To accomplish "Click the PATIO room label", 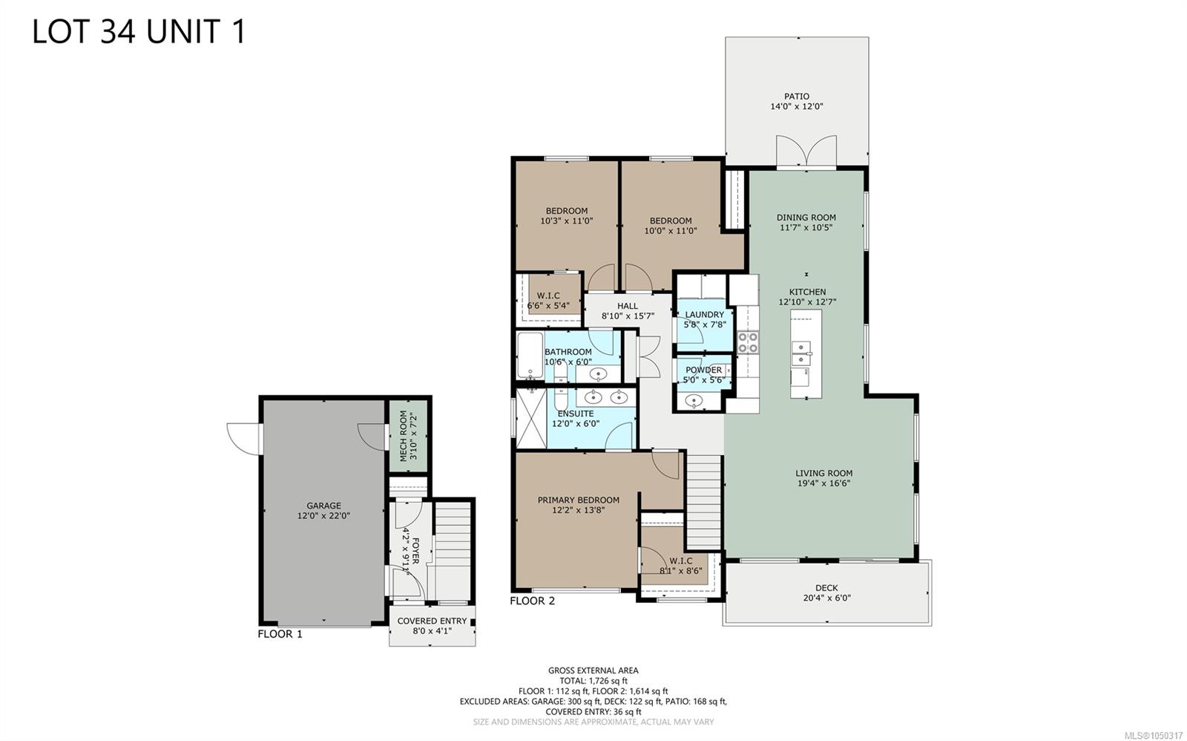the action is (x=797, y=97).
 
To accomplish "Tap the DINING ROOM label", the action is (x=806, y=218).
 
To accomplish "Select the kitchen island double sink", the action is (x=801, y=353).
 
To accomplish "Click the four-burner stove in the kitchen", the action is (x=748, y=342).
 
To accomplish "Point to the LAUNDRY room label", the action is (x=704, y=315).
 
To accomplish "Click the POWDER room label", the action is (x=704, y=370).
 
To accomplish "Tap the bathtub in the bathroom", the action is (x=530, y=356).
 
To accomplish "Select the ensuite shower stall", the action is (x=531, y=419).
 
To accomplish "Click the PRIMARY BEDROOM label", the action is (x=578, y=500).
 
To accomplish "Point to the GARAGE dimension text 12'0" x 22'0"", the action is (x=323, y=515).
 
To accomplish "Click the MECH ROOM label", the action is (x=404, y=436).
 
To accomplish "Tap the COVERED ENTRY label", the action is (x=432, y=621).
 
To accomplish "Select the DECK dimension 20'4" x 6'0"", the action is (x=826, y=598).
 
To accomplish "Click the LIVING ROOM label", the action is (x=824, y=473).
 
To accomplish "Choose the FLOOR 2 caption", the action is (x=532, y=601).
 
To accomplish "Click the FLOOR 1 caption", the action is (x=280, y=634).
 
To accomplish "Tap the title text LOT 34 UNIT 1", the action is (x=139, y=31).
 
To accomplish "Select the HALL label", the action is (x=628, y=306).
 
